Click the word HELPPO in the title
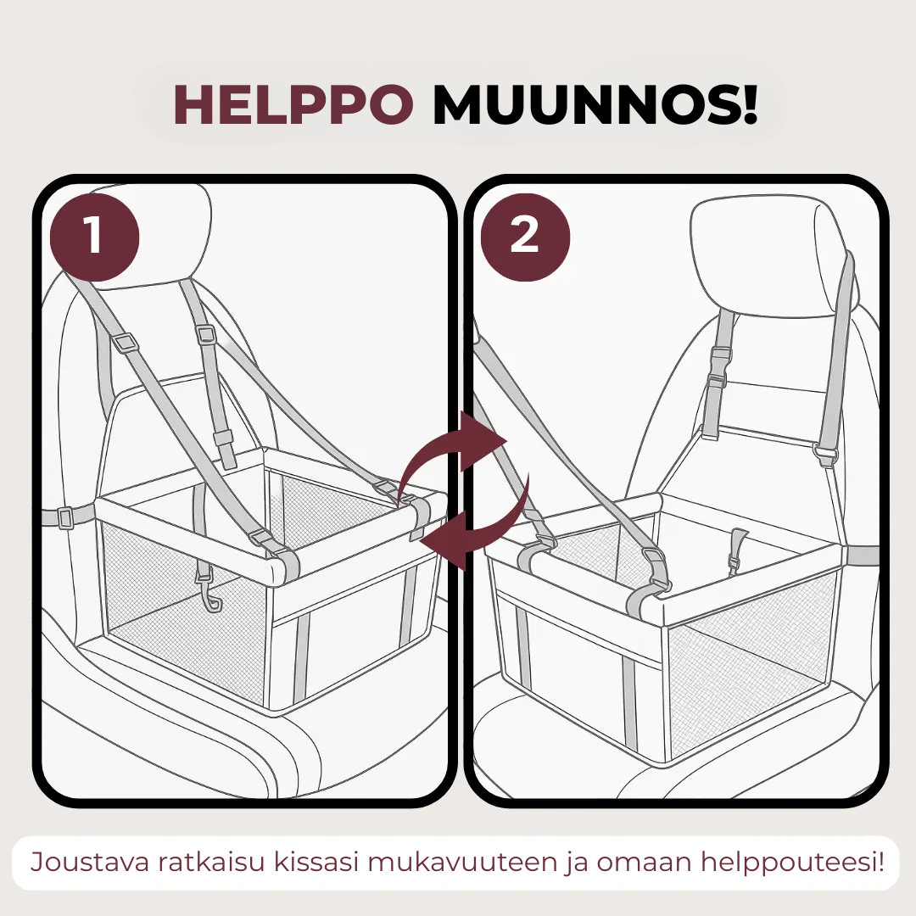pyautogui.click(x=293, y=105)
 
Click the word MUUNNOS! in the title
pyautogui.click(x=595, y=105)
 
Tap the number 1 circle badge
pyautogui.click(x=95, y=236)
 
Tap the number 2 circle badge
pyautogui.click(x=525, y=236)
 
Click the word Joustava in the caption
pyautogui.click(x=90, y=863)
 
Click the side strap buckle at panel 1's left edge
pyautogui.click(x=64, y=517)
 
